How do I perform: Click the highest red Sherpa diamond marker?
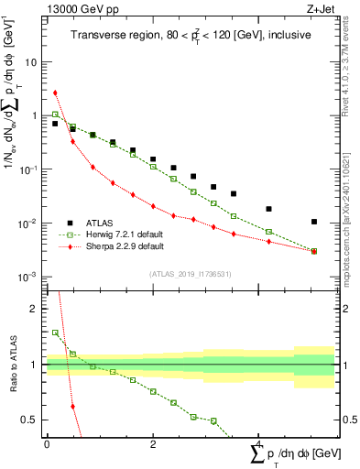(55, 93)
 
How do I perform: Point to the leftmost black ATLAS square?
(55, 123)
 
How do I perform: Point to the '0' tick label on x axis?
(47, 443)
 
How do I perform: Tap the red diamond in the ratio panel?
(72, 406)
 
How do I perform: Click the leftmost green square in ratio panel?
(55, 333)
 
